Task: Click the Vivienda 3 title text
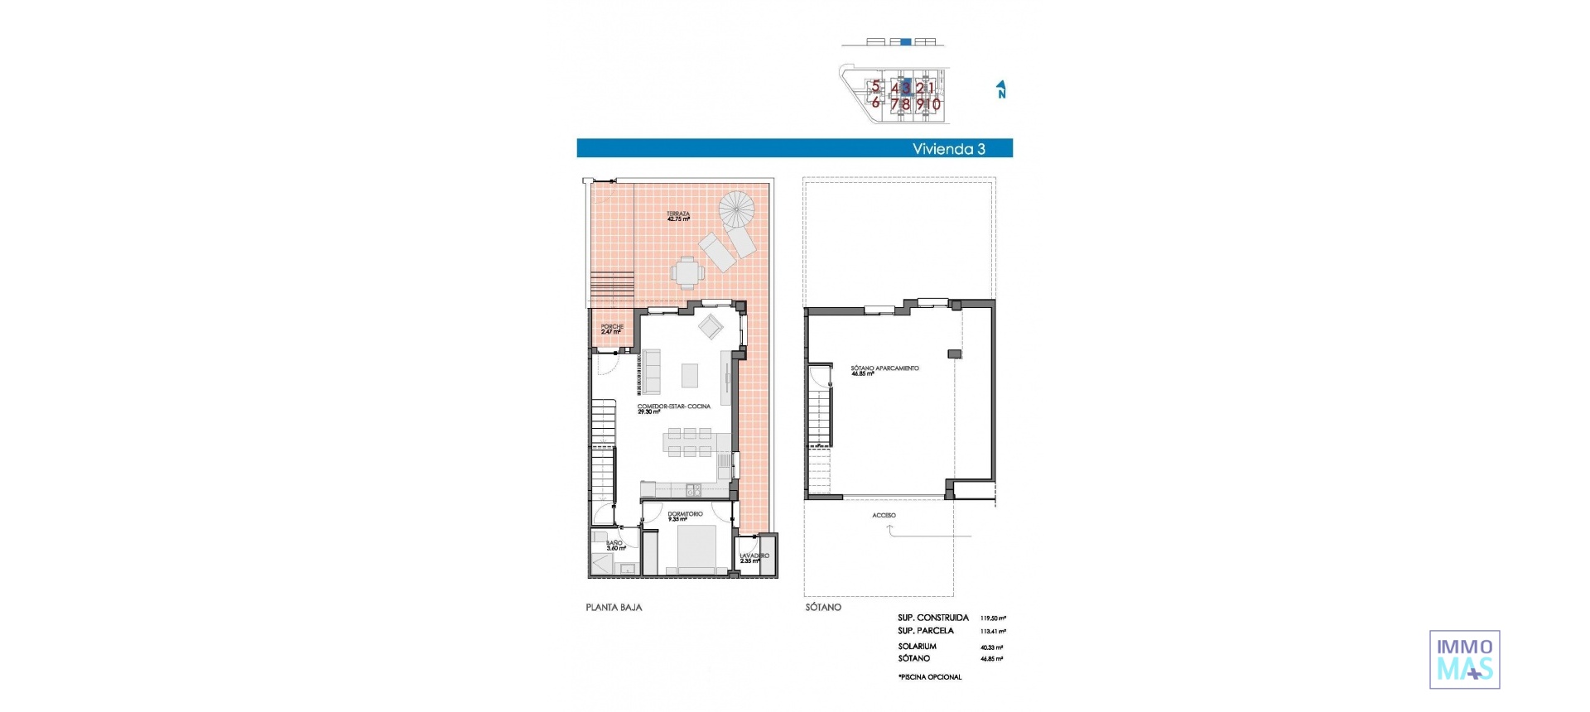(948, 149)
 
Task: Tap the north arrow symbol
(1001, 89)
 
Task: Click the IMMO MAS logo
(1464, 659)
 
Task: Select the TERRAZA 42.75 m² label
(678, 216)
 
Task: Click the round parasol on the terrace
(737, 209)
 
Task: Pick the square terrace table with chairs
(687, 271)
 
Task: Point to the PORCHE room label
(612, 329)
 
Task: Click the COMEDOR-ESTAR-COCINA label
(673, 408)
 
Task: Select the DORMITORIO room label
(685, 516)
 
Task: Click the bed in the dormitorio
(697, 549)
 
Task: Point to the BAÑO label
(614, 545)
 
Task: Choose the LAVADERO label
(754, 558)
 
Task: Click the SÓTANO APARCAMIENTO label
(884, 370)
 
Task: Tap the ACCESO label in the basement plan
(884, 515)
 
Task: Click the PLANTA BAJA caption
(614, 607)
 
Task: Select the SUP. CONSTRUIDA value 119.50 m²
(993, 618)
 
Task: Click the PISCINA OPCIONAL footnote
(930, 677)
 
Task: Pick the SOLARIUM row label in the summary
(917, 647)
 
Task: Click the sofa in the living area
(652, 372)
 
